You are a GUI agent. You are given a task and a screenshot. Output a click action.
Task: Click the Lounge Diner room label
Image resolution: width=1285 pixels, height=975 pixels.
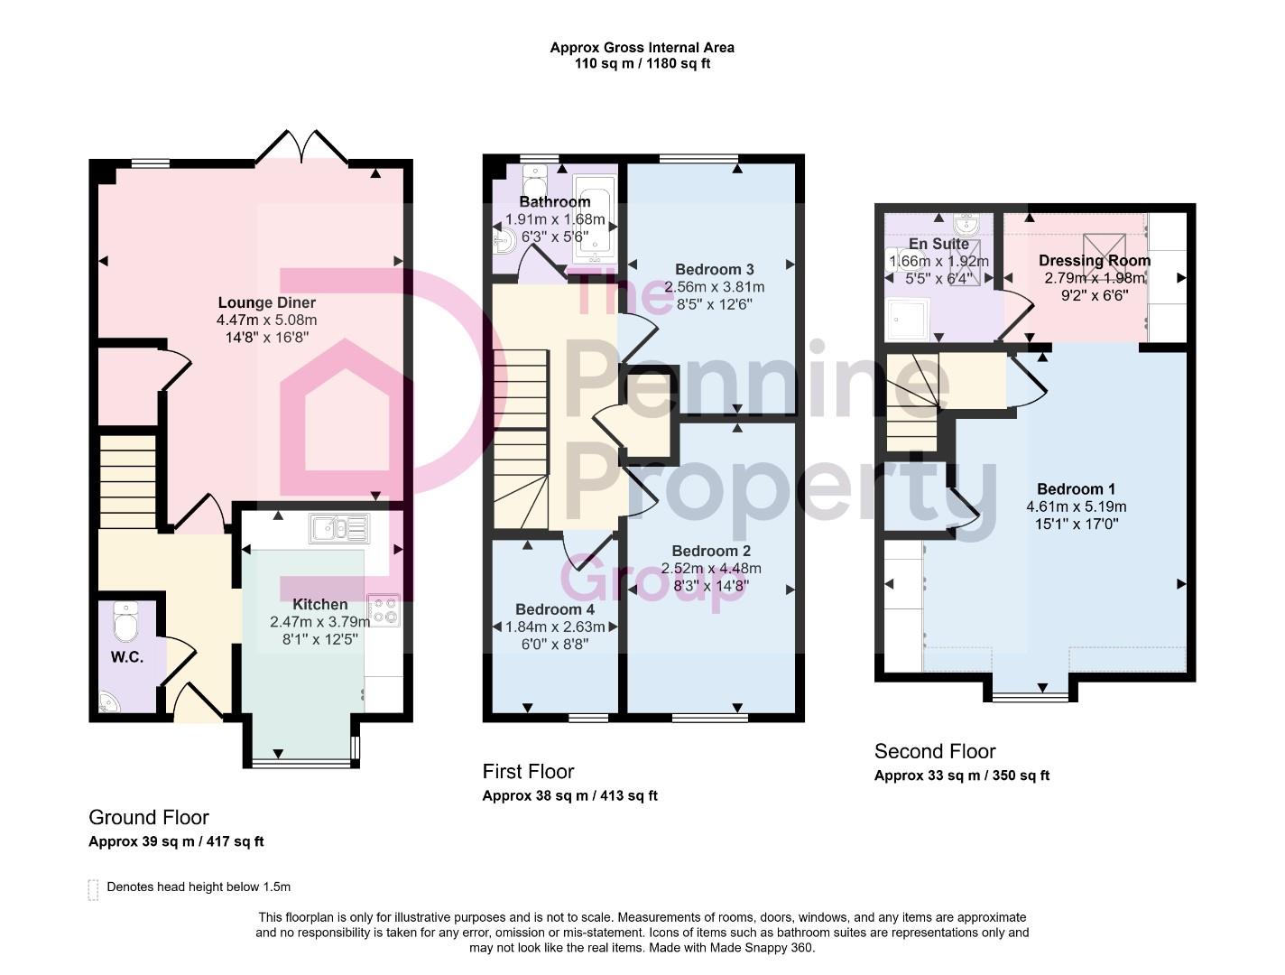point(266,302)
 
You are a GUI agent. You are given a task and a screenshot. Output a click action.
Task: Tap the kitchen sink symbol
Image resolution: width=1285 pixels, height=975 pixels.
point(338,528)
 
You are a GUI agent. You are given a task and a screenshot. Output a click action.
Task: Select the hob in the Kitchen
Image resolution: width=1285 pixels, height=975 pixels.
point(384,609)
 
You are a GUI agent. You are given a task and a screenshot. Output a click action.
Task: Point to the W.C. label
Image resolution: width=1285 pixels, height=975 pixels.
point(127,657)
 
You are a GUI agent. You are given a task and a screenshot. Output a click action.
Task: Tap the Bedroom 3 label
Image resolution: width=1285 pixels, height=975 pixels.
point(714,269)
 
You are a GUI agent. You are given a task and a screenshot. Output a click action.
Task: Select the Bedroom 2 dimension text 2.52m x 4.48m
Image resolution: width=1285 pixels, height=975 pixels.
point(711,568)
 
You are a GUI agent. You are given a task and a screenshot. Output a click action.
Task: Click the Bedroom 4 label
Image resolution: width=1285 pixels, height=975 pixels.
point(554,609)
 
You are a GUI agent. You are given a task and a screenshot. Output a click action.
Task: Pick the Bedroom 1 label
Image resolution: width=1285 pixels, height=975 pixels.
point(1076,488)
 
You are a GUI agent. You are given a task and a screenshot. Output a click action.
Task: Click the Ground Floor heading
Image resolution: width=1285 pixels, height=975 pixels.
point(149,817)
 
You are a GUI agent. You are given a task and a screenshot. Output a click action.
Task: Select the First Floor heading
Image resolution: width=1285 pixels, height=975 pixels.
point(528,771)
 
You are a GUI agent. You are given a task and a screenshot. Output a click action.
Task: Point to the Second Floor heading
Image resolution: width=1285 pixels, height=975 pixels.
point(935,751)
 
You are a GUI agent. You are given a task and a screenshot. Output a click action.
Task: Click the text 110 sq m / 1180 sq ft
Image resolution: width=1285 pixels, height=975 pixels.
point(642,63)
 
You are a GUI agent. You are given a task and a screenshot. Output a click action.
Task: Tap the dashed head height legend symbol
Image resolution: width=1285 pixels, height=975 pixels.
point(93,889)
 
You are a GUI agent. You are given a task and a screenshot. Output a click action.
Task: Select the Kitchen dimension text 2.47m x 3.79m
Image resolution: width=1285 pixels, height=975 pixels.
point(319,622)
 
